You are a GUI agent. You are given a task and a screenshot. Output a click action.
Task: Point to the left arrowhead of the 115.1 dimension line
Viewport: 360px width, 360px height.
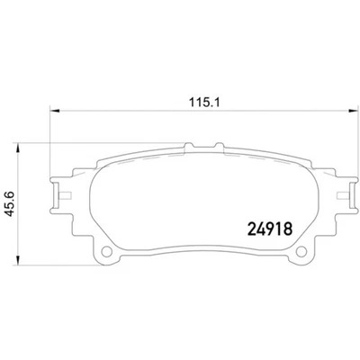49,112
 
